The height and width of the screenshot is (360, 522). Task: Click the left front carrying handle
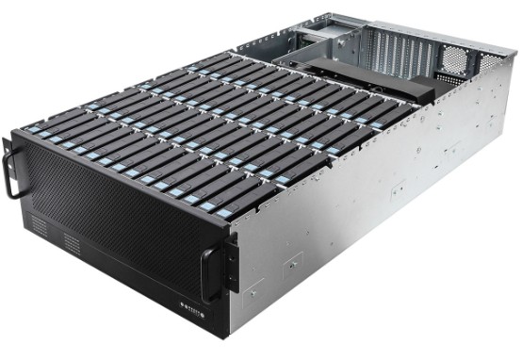tap(10, 169)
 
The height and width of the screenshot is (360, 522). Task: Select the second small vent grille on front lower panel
tap(72, 244)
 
